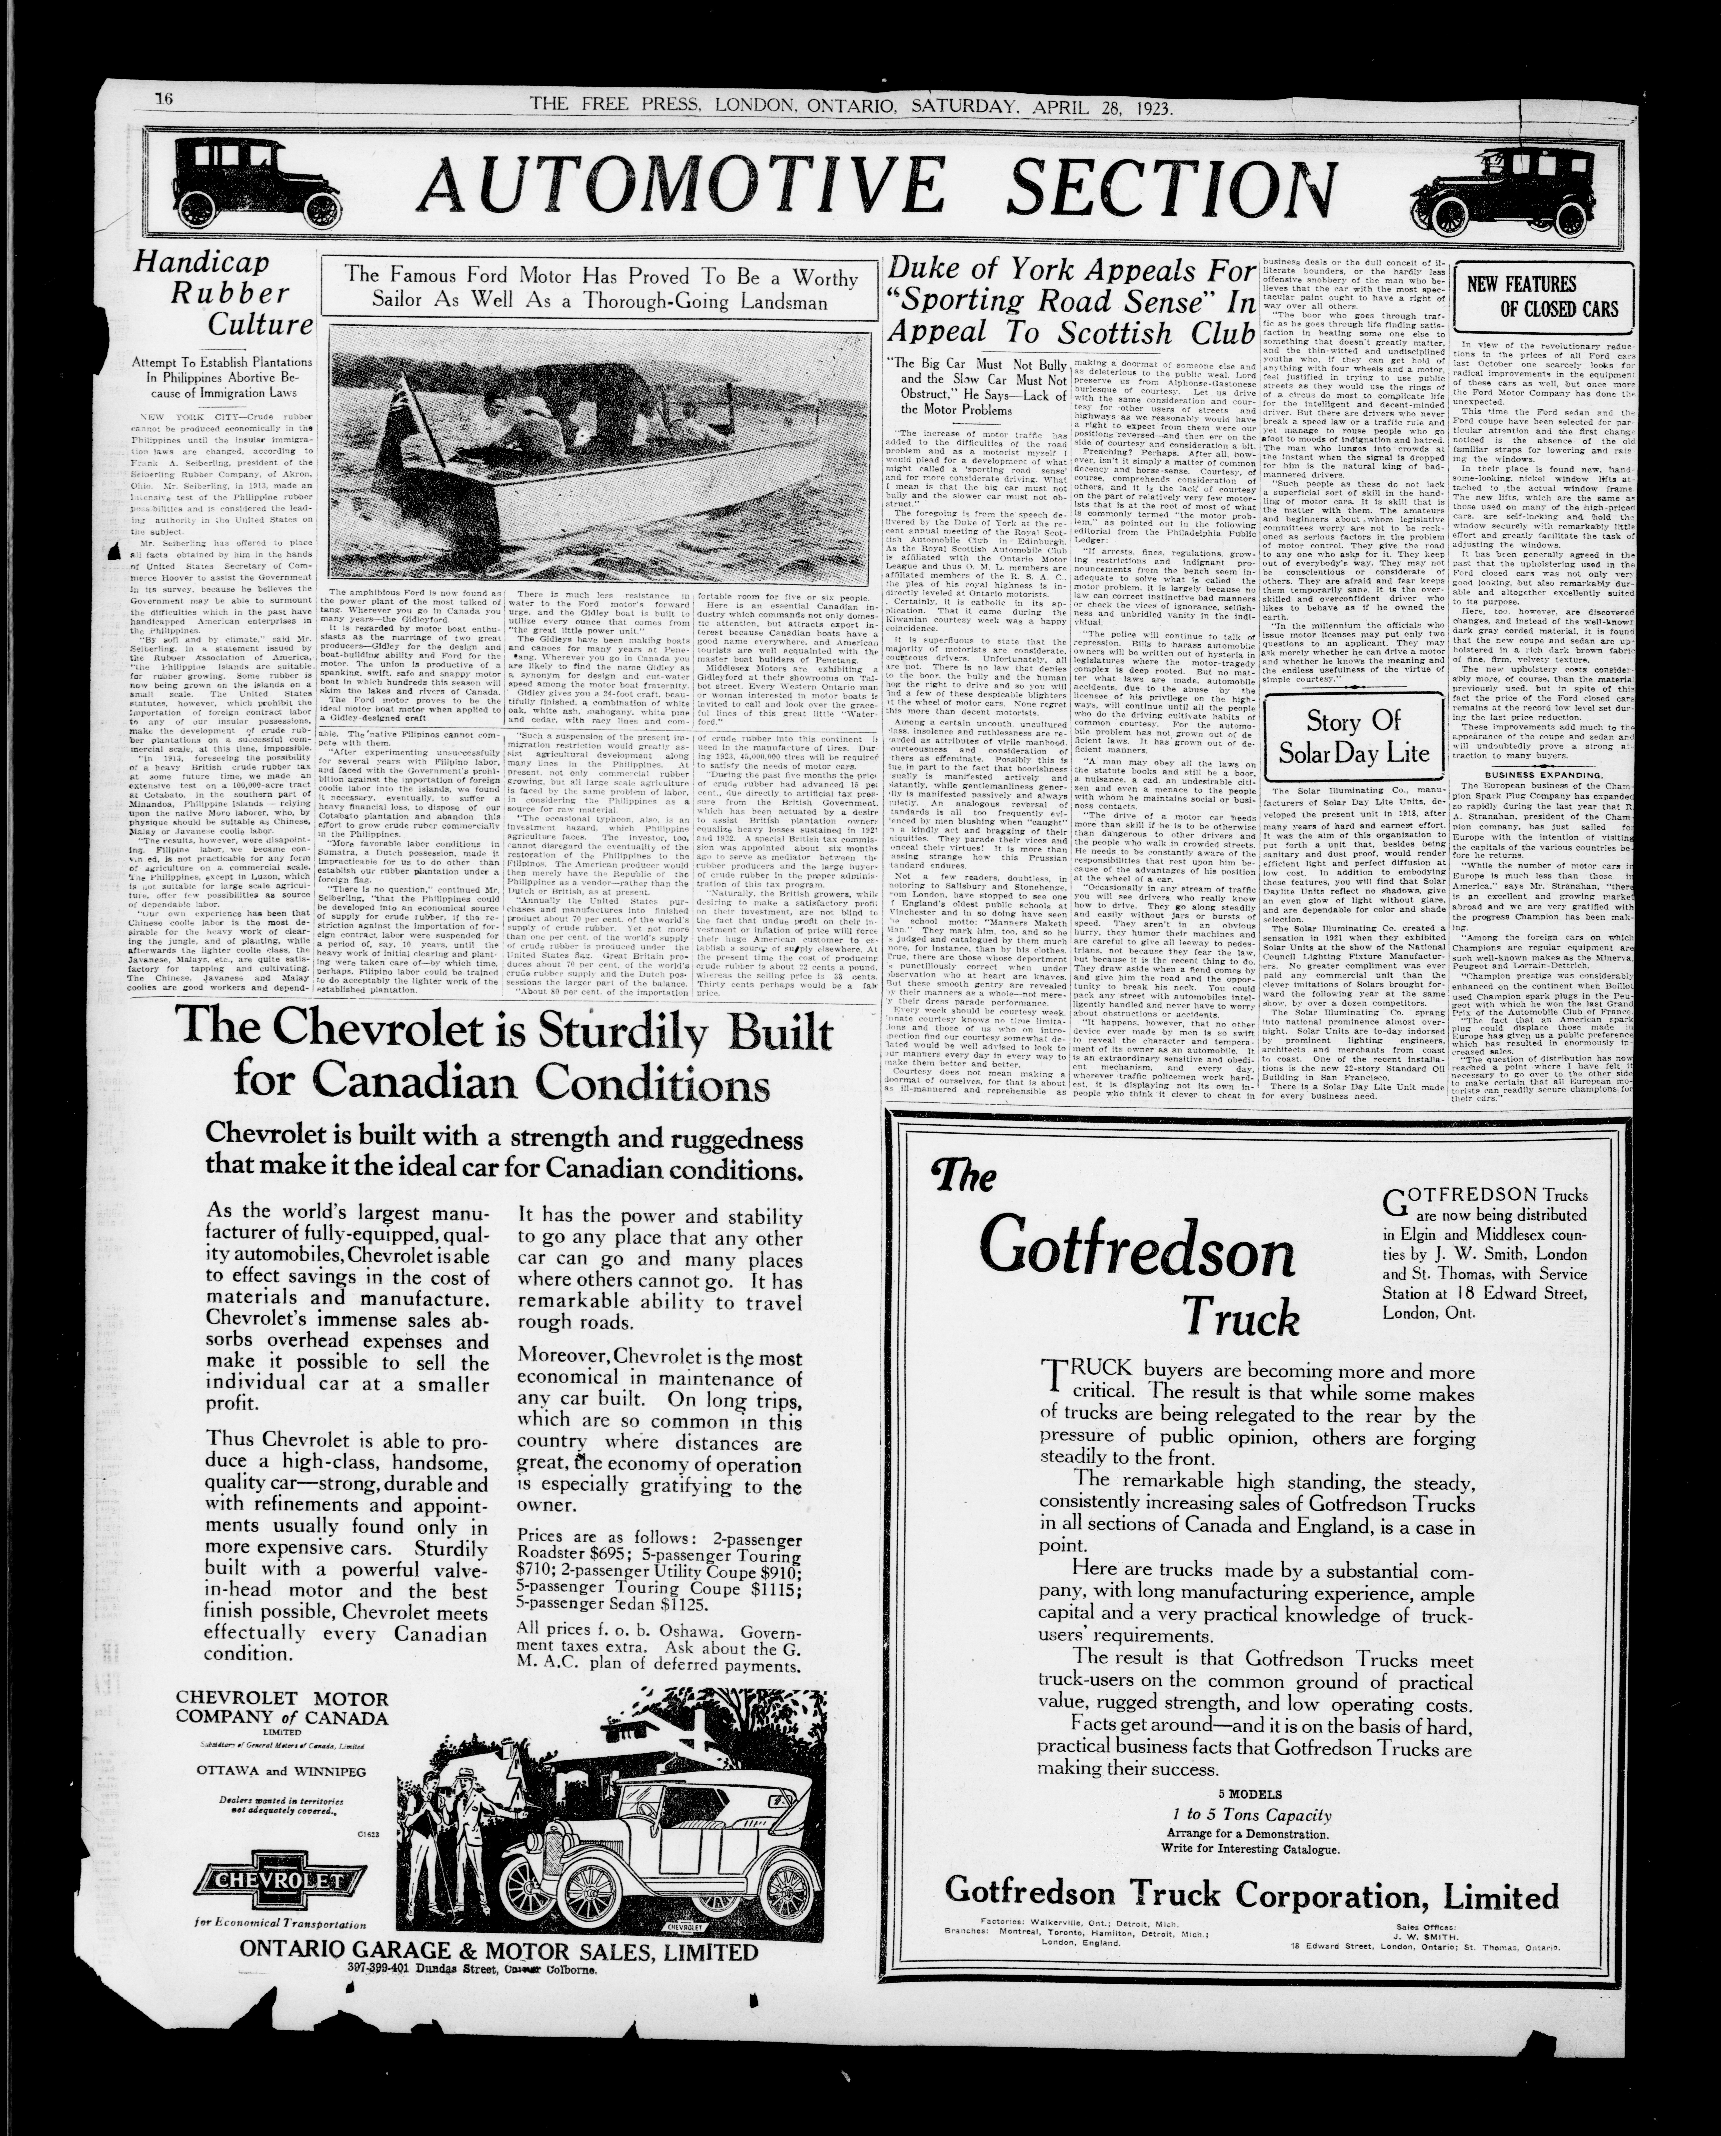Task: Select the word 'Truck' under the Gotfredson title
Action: (x=1240, y=1317)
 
